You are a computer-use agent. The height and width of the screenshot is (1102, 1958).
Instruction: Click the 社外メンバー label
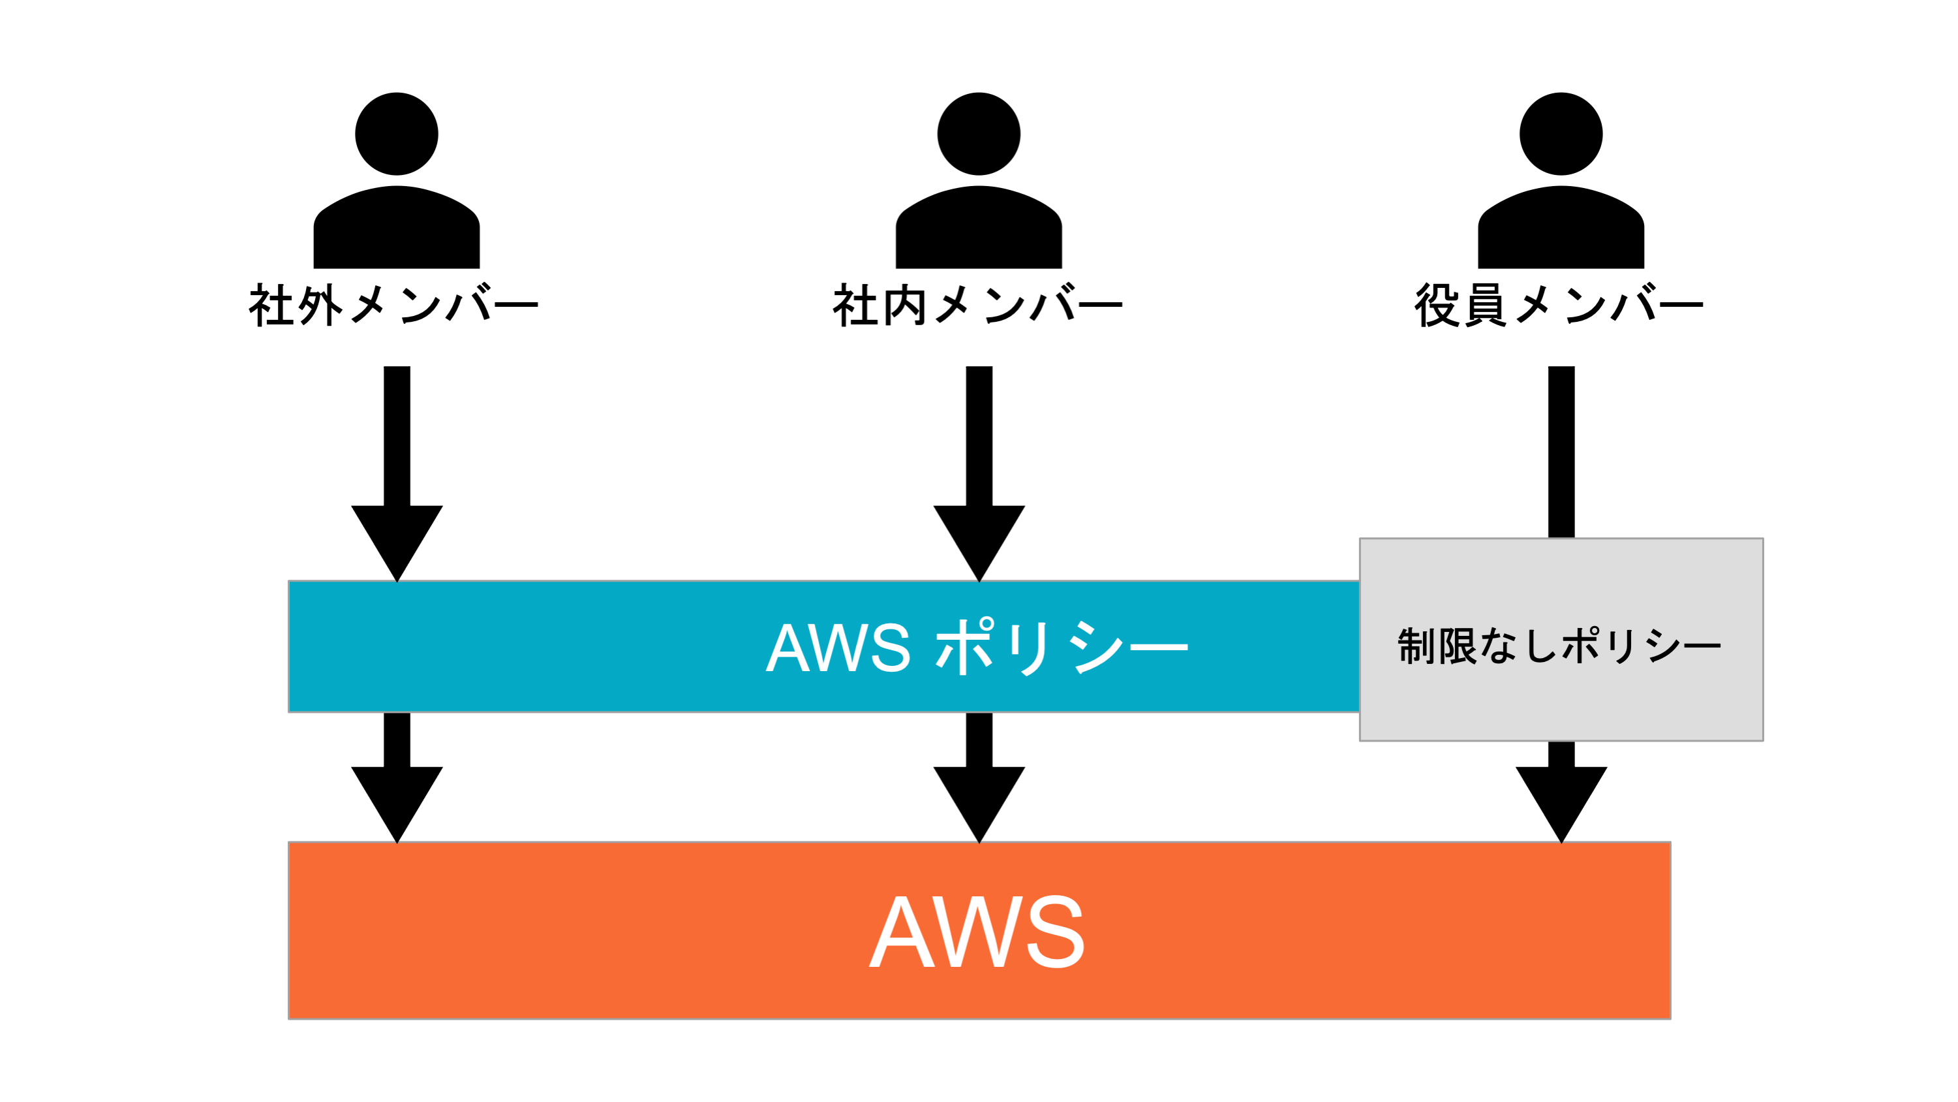(393, 305)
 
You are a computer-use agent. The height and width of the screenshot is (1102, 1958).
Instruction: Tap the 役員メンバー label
(1559, 305)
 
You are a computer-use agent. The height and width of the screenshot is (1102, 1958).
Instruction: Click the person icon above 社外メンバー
(397, 180)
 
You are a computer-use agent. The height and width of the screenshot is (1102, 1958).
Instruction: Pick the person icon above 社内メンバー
(979, 180)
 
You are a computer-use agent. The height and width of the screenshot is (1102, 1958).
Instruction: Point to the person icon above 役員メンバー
(1561, 180)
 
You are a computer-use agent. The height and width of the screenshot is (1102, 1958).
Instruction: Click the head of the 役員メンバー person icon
(1561, 134)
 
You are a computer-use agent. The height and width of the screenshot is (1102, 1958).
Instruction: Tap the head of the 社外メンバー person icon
(397, 134)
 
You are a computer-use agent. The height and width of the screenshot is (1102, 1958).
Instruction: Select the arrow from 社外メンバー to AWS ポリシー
(397, 475)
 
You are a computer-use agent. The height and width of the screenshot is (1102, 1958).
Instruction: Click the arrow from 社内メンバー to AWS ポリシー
(979, 475)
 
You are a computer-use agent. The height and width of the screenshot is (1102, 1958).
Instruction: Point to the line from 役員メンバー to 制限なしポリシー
(1561, 452)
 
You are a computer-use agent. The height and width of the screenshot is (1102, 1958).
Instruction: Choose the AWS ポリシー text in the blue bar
(977, 647)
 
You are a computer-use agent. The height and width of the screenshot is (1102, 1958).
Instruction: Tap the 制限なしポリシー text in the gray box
(1560, 646)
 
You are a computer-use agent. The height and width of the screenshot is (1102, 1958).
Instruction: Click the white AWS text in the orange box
(977, 931)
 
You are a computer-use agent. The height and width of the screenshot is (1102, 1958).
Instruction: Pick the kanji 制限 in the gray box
(1437, 646)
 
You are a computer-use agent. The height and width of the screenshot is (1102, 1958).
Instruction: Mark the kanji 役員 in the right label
(1460, 305)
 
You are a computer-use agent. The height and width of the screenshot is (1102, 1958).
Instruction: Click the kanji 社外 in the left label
(295, 305)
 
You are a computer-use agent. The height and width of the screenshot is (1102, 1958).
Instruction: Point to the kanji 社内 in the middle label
(879, 305)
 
